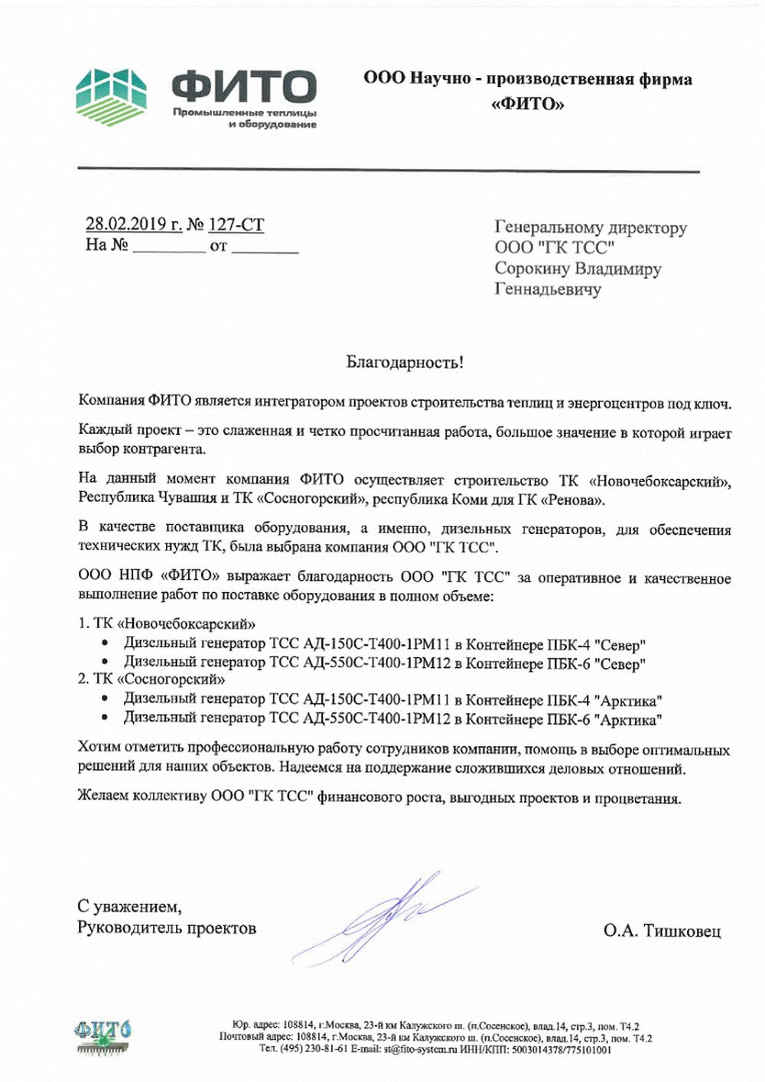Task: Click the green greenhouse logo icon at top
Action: [x=114, y=96]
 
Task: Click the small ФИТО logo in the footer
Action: [x=102, y=1035]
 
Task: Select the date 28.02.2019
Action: [x=125, y=224]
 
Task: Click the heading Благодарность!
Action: [x=405, y=362]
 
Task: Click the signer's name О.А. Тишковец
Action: [x=662, y=930]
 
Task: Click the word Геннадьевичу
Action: [x=548, y=289]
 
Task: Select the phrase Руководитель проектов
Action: [x=167, y=927]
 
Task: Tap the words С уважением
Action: [x=129, y=907]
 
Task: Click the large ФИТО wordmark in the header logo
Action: [x=243, y=86]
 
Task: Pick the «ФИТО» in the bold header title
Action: [x=527, y=104]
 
